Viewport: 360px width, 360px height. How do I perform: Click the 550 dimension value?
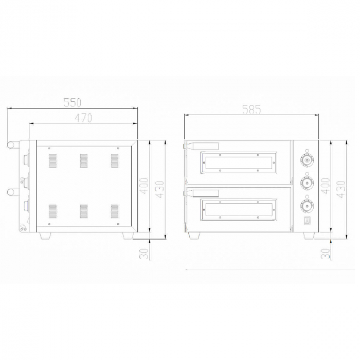[x=73, y=102]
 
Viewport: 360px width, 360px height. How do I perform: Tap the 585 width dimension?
[x=252, y=109]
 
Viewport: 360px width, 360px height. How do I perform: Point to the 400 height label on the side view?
[x=145, y=186]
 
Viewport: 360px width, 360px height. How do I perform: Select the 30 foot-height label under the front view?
[x=325, y=253]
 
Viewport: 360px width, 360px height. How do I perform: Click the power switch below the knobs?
[x=307, y=222]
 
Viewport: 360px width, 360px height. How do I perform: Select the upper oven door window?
[x=238, y=162]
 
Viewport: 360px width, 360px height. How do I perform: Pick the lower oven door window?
[x=238, y=211]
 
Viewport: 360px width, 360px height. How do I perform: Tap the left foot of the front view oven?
[x=195, y=236]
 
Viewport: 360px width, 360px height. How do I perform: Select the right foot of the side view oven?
[x=127, y=236]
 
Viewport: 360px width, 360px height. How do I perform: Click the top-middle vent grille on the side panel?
[x=83, y=161]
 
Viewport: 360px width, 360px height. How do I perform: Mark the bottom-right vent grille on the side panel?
[x=115, y=211]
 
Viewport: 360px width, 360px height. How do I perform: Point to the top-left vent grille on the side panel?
[x=52, y=161]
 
